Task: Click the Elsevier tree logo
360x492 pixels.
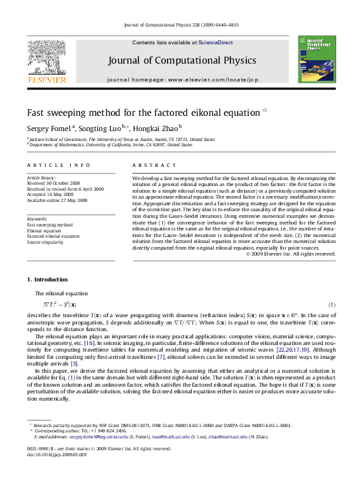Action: point(46,58)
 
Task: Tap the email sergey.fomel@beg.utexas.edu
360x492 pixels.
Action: point(87,437)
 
